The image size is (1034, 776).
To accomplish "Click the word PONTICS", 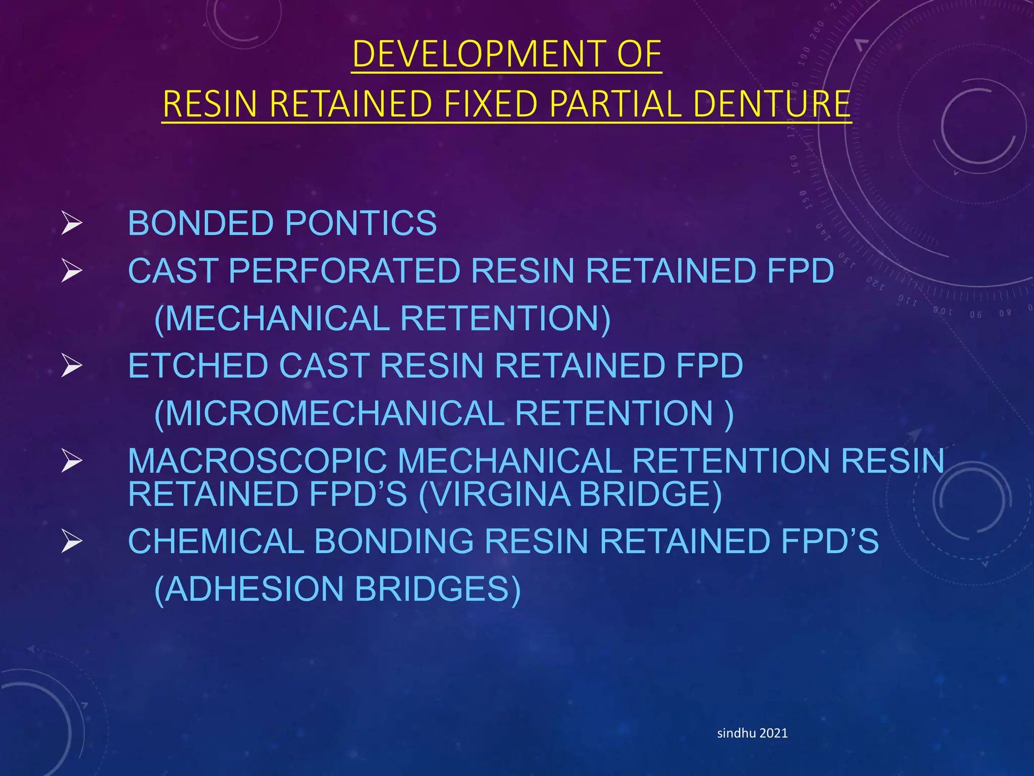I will coord(361,223).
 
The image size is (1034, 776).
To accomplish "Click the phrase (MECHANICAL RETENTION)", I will coord(382,318).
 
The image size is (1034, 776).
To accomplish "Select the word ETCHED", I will coord(198,365).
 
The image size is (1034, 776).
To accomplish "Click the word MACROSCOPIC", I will coord(257,461).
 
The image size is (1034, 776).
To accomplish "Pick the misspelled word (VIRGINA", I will coord(494,494).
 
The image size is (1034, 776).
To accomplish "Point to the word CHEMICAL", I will coord(216,541).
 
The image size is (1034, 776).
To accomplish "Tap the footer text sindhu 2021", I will coord(752,733).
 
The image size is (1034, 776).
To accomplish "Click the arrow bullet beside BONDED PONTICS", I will coord(72,223).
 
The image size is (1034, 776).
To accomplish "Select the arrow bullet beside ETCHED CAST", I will coord(72,366).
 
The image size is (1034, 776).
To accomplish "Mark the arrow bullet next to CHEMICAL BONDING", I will coord(72,542).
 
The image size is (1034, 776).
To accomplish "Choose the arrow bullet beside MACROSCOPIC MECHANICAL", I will coord(72,461).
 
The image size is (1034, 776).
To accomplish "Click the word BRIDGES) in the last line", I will coord(437,589).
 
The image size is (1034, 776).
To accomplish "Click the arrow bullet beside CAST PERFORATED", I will coord(72,271).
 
